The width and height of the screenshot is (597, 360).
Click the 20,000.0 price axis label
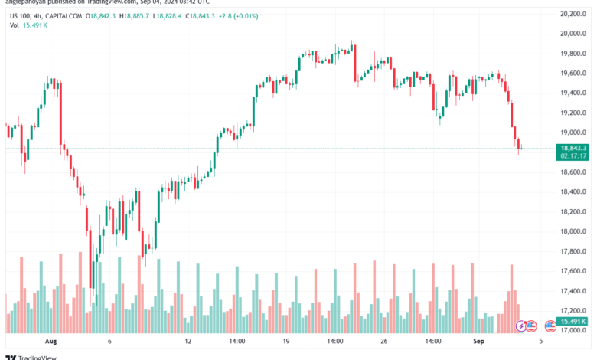pyautogui.click(x=573, y=34)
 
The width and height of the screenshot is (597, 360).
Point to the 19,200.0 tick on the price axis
pyautogui.click(x=573, y=113)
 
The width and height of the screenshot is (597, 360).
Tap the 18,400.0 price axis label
pyautogui.click(x=573, y=191)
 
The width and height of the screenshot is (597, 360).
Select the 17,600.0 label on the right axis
pyautogui.click(x=573, y=271)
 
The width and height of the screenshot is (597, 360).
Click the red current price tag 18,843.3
pyautogui.click(x=573, y=148)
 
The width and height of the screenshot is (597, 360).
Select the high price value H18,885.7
pyautogui.click(x=155, y=15)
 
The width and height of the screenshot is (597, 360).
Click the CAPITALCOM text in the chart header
pyautogui.click(x=63, y=15)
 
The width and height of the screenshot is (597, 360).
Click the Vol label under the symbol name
pyautogui.click(x=15, y=25)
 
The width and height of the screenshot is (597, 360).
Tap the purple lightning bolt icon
pyautogui.click(x=522, y=326)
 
